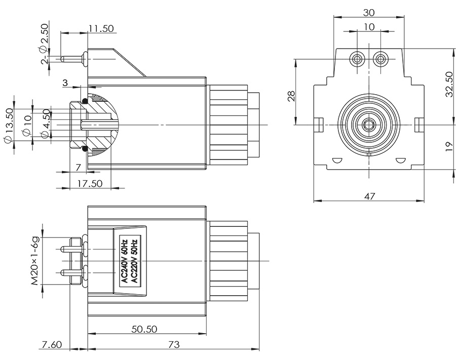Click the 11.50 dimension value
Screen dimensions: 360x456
point(100,28)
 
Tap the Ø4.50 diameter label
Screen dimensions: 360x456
point(45,123)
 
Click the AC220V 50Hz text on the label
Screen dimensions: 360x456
point(134,260)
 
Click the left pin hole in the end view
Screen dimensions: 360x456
point(358,59)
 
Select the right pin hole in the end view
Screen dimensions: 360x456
point(380,59)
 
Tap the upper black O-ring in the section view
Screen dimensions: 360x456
point(85,102)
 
